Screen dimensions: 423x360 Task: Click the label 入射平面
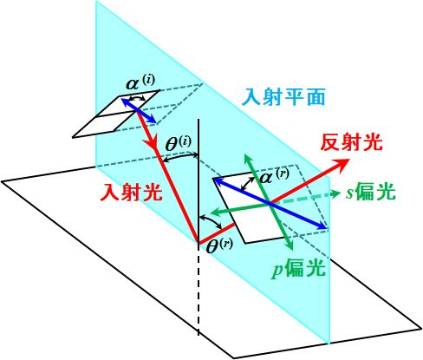tap(285, 97)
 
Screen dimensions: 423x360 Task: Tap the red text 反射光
tap(352, 142)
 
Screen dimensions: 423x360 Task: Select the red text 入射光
tap(132, 193)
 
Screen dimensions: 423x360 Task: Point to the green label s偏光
tap(371, 192)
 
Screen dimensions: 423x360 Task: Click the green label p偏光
tap(298, 269)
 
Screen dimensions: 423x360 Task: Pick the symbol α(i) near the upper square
tap(140, 82)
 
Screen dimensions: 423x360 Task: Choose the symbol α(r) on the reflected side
tap(275, 176)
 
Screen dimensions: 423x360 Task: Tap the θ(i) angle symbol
tap(179, 144)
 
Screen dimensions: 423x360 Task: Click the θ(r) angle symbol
tap(220, 246)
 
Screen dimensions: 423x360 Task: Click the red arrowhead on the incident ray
tap(150, 142)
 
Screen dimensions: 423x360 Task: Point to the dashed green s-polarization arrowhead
tap(335, 194)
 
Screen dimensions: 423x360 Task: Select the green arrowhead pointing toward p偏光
tap(290, 245)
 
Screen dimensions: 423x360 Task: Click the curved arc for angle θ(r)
tap(211, 220)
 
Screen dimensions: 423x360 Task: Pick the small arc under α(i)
tap(137, 98)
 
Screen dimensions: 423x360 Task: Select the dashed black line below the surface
tap(198, 289)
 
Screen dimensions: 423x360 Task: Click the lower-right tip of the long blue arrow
tap(326, 227)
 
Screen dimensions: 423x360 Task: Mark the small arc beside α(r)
tap(248, 183)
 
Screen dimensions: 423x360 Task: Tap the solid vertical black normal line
tap(198, 180)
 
